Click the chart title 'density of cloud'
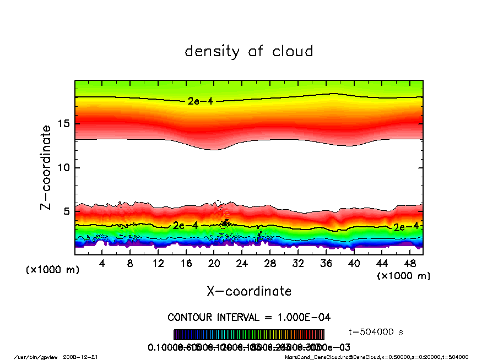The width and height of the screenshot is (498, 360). point(249,52)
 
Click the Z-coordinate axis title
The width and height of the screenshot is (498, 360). point(46,167)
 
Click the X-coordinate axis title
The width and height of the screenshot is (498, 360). point(249,291)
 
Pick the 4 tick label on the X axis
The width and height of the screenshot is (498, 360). point(102,264)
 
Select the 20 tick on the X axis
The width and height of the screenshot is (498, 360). point(214,264)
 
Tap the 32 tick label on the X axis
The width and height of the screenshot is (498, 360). point(298,264)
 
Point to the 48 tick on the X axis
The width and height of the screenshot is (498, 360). point(410,264)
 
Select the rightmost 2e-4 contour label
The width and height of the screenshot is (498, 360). point(405,227)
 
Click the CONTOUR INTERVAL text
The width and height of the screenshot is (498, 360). point(249,318)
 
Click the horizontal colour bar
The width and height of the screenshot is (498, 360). point(249,334)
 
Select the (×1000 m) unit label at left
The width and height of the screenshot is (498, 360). point(53,270)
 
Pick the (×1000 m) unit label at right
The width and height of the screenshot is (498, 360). point(404,276)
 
